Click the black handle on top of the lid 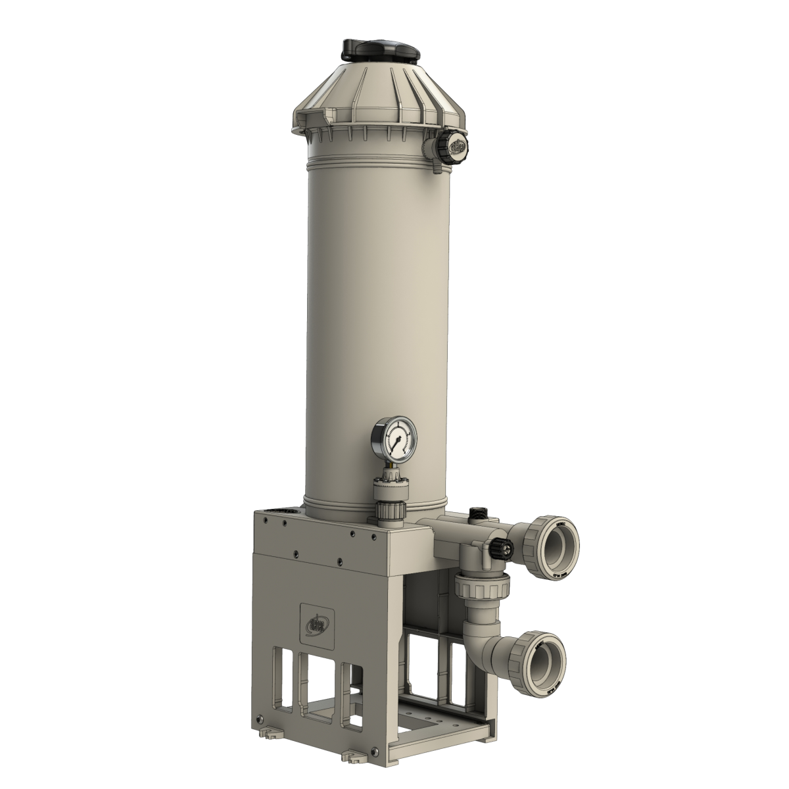pos(381,50)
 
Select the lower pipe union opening pos(545,660)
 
